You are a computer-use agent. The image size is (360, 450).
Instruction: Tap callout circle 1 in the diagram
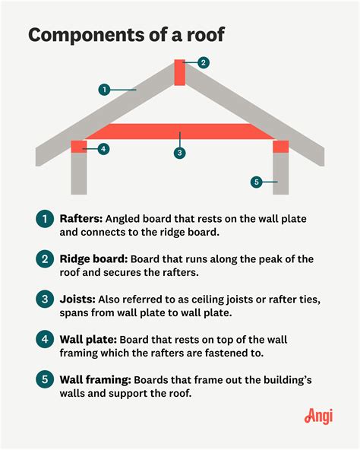pyautogui.click(x=104, y=90)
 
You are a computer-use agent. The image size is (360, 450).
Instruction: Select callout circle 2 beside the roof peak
pyautogui.click(x=204, y=62)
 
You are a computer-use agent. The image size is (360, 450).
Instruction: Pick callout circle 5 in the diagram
pyautogui.click(x=257, y=182)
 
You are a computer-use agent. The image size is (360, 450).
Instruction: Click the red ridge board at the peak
pyautogui.click(x=179, y=73)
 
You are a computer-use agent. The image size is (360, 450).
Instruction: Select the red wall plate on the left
pyautogui.click(x=79, y=147)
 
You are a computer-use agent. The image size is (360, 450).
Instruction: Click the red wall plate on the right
pyautogui.click(x=280, y=147)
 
